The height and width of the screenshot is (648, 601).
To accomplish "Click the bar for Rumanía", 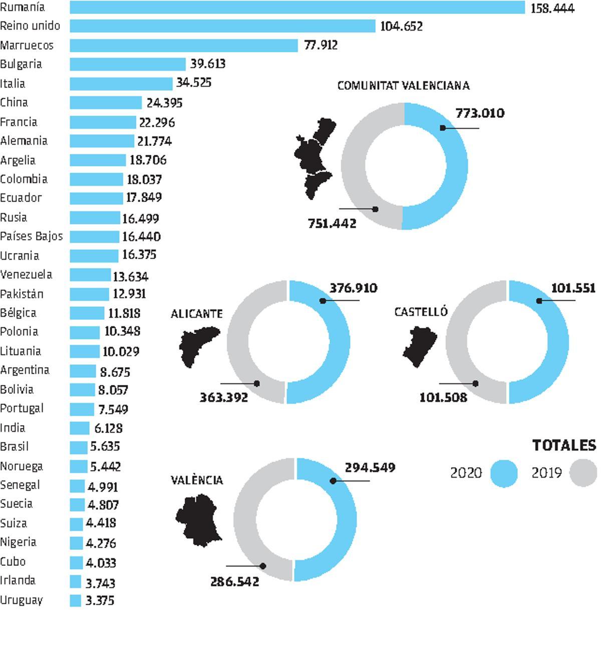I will [297, 8].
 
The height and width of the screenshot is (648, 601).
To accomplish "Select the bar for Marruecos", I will [184, 46].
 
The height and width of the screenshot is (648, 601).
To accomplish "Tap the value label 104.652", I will [401, 26].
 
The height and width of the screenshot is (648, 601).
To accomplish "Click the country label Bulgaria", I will [21, 64].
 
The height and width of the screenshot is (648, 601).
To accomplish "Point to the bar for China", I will [106, 103].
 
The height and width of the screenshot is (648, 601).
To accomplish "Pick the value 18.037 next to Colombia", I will [144, 179].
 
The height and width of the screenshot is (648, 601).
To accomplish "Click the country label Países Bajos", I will [32, 236].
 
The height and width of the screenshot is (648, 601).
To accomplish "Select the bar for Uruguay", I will [75, 600].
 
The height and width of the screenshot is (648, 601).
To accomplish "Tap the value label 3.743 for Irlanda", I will [100, 583].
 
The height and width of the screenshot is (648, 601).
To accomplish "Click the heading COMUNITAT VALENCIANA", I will [403, 86].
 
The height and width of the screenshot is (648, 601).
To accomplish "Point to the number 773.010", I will [480, 113].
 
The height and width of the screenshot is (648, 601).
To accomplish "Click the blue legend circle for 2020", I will [503, 473].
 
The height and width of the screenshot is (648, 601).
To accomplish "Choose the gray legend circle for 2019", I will [583, 473].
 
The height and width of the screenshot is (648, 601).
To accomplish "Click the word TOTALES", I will [564, 445].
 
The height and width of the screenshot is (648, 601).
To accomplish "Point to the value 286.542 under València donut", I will [234, 582].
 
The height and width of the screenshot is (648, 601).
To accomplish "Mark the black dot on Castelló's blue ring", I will [539, 301].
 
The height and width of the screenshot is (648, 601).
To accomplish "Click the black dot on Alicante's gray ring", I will [257, 383].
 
